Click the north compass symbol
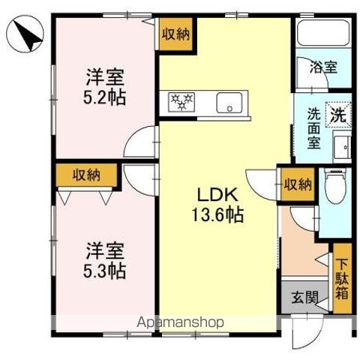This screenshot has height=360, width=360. point(25,34)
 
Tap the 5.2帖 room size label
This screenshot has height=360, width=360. point(104,97)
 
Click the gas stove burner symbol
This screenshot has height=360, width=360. point(181,100)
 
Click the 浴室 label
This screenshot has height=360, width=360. point(323,66)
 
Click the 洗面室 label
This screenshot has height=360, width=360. point(314,129)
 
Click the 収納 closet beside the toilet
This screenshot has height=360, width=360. point(297,184)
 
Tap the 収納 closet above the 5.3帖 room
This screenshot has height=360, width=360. point(86,175)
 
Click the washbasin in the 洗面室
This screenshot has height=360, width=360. point(342,146)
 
